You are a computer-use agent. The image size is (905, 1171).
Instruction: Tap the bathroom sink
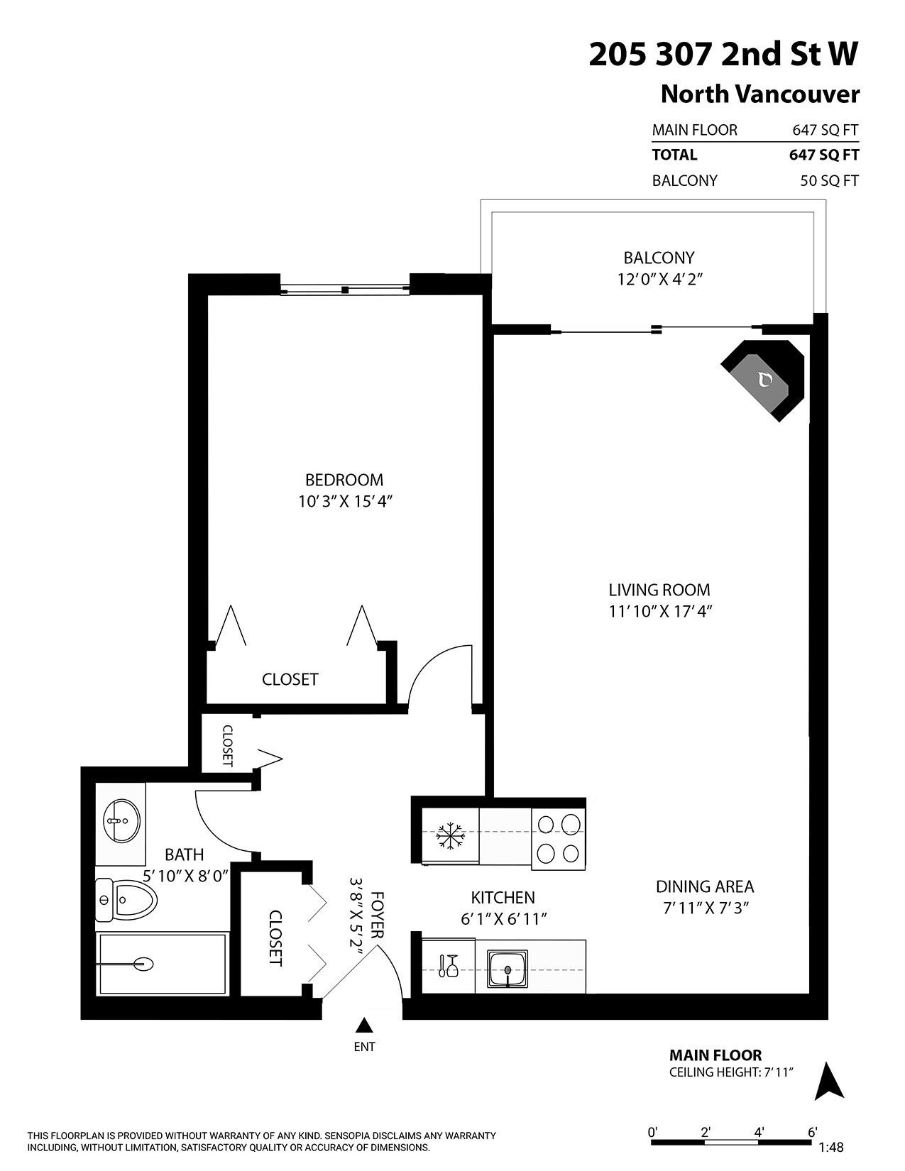[x=121, y=821]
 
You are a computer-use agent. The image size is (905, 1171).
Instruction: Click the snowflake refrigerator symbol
[x=449, y=836]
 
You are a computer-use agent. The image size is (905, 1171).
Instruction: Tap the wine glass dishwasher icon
[x=448, y=966]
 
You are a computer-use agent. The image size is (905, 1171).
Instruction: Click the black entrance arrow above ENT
[x=364, y=1025]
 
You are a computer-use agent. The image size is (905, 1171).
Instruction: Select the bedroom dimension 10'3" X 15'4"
[x=346, y=502]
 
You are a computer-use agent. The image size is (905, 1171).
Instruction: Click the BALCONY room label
[x=659, y=258]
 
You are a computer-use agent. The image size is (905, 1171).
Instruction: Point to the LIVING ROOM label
[x=659, y=590]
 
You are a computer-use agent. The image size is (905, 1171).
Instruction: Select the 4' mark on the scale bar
[x=759, y=1132]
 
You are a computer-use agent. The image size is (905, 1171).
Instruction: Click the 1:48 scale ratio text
[x=830, y=1147]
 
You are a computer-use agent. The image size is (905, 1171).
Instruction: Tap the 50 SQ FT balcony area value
[x=829, y=181]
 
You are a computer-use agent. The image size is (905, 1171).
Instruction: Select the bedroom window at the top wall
[x=345, y=289]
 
